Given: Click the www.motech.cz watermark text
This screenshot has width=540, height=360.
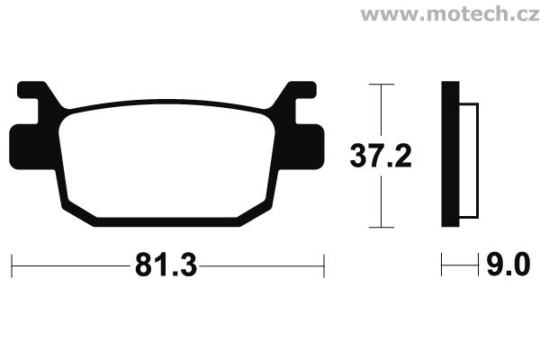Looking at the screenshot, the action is [450, 14].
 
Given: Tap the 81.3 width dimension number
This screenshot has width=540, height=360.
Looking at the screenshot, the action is [166, 265].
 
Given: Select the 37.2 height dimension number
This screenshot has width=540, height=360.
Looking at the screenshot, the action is [381, 156].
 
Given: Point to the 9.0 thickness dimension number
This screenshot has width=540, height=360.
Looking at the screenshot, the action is [508, 265].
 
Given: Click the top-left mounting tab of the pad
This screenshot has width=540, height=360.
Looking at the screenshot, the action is [31, 90].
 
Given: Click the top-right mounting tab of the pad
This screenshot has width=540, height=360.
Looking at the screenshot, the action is [301, 90].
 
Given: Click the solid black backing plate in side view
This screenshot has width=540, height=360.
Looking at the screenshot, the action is [450, 154].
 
